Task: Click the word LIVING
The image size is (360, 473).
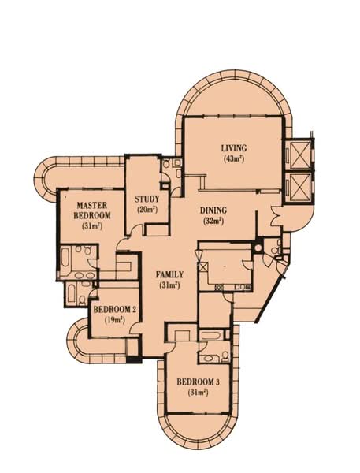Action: [234, 148]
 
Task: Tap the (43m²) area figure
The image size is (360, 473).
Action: [234, 159]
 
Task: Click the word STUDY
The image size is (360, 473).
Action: [147, 199]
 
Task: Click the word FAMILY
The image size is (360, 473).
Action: [169, 274]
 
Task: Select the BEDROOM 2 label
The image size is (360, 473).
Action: [116, 310]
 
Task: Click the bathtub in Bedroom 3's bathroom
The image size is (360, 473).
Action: [212, 337]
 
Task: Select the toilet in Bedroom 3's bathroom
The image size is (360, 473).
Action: [206, 358]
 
